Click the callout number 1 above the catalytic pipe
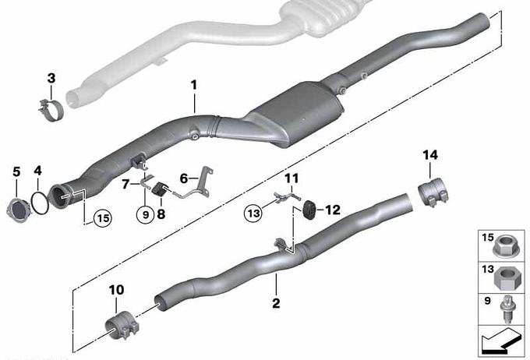pos(193,85)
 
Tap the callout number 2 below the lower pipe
pos(276,303)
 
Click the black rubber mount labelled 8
pos(159,190)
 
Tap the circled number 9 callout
pos(146,214)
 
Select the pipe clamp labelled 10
pos(122,326)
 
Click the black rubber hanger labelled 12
pos(309,210)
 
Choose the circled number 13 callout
pos(254,213)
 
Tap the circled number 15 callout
pos(103,218)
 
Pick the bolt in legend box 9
pos(507,309)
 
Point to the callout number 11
pos(291,178)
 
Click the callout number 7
pos(125,185)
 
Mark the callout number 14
pos(430,156)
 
